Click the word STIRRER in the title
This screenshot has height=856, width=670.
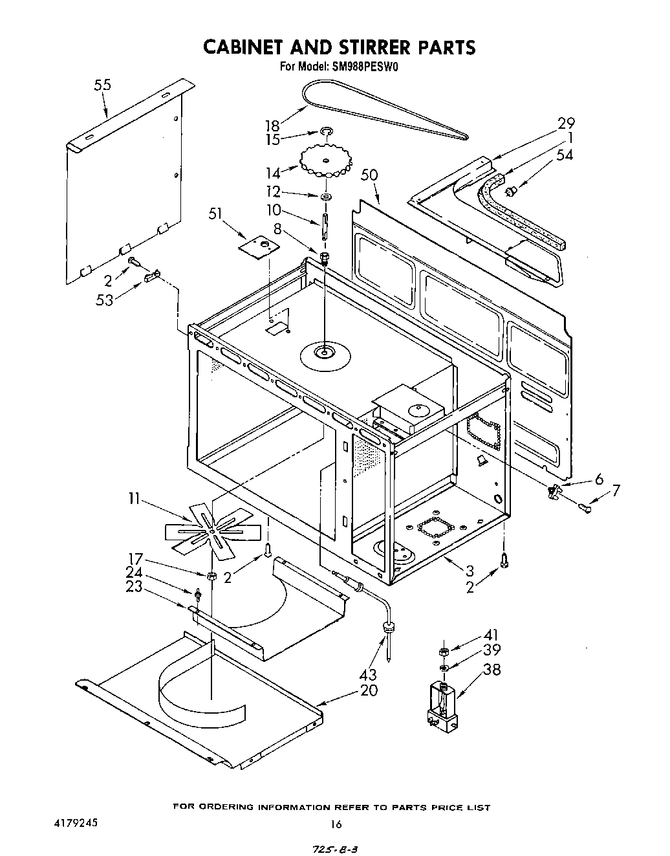[358, 47]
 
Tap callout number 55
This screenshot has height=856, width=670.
[102, 85]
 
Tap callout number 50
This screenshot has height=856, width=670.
[370, 175]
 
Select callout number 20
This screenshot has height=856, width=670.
[369, 690]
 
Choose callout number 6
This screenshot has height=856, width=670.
[598, 478]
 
